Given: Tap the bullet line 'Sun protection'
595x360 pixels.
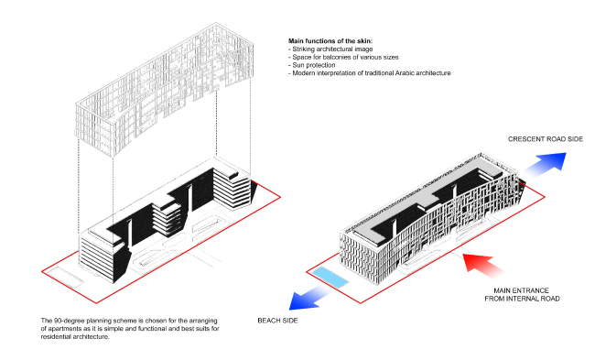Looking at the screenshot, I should coord(317,66).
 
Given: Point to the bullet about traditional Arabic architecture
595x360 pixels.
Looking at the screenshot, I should coord(370,73).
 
